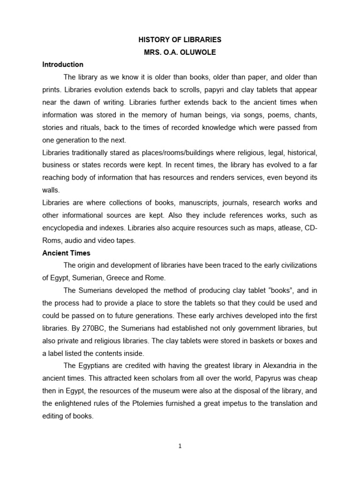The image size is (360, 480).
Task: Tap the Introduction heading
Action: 63,64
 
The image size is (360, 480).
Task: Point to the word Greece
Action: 120,278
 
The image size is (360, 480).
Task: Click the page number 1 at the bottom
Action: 180,446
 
